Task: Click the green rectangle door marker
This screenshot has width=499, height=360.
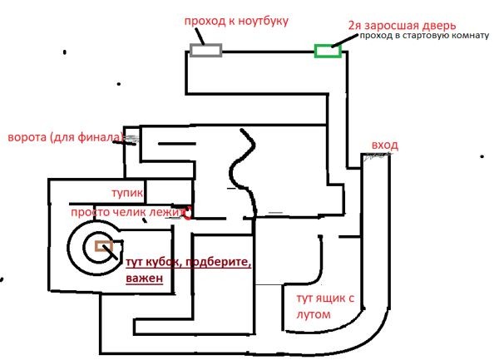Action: click(x=329, y=51)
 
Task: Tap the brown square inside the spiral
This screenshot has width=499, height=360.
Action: click(x=104, y=246)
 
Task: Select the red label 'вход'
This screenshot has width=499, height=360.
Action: click(x=385, y=145)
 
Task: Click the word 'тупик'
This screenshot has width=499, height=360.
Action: click(x=127, y=193)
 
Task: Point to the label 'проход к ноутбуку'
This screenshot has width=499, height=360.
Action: click(x=236, y=22)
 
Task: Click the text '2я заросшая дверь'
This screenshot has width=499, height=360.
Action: click(x=402, y=26)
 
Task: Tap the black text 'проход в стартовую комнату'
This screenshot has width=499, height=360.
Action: click(x=424, y=36)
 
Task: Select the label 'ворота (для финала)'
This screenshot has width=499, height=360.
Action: click(x=65, y=137)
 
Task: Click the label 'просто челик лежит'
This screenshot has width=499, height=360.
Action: click(x=127, y=212)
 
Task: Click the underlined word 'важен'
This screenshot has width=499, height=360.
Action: click(x=145, y=278)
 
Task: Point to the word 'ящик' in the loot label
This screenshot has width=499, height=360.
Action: click(x=329, y=298)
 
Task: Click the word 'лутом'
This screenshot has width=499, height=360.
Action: click(x=314, y=314)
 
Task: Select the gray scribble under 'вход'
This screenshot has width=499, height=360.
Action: click(x=377, y=155)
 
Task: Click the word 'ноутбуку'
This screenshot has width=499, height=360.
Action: click(x=263, y=22)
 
